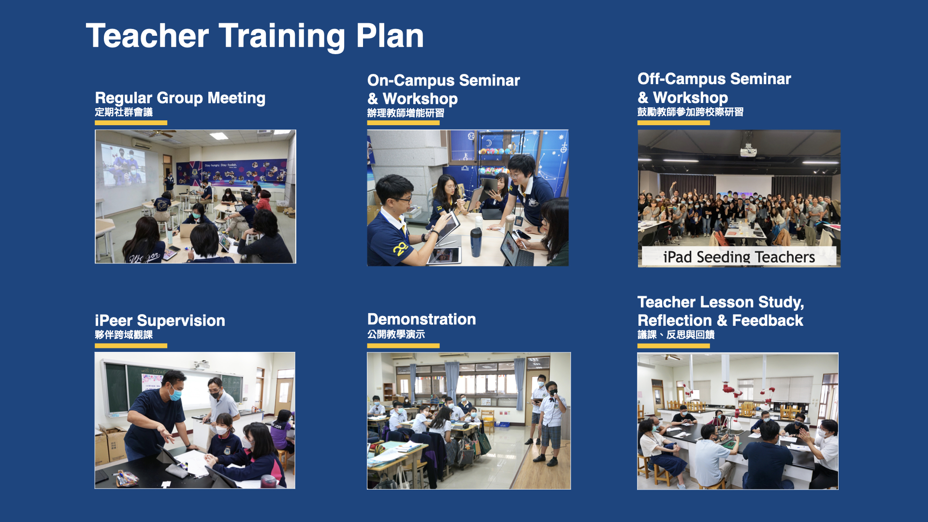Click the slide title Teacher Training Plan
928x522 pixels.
coord(255,36)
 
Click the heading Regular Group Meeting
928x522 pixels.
coord(180,98)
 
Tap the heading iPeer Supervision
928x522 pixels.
coord(160,320)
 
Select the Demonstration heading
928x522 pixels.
coord(421,319)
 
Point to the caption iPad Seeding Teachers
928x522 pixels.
coord(739,257)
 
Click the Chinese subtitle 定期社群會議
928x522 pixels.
coord(124,112)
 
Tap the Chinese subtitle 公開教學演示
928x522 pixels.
coord(396,334)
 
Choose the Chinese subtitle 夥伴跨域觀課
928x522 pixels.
coord(124,334)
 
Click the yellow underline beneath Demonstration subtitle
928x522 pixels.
coord(403,346)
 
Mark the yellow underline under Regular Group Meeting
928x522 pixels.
coord(131,123)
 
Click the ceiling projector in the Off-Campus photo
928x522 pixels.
coord(748,150)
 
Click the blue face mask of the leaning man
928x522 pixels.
coord(175,394)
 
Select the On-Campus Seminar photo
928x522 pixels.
coord(468,198)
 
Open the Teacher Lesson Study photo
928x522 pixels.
coord(738,421)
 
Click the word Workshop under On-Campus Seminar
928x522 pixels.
coord(420,99)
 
